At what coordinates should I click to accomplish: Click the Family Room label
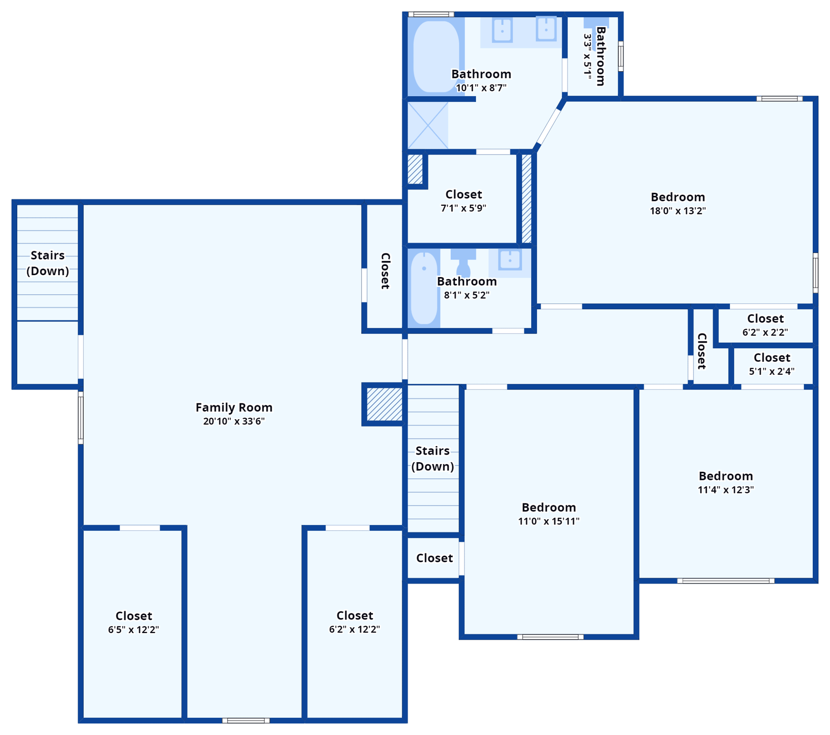234,407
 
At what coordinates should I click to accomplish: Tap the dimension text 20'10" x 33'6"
234,421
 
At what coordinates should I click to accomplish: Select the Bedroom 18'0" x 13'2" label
677,197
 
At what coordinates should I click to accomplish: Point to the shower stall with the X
428,125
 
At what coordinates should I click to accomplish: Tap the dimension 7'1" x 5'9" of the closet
463,208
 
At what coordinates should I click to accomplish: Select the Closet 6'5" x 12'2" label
134,616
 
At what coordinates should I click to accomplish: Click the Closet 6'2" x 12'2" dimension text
354,629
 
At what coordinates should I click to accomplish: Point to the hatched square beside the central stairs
384,404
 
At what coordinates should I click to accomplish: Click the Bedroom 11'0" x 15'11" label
548,507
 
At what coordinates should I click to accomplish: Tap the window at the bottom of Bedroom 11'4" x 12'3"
726,581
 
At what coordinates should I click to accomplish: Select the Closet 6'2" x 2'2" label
765,319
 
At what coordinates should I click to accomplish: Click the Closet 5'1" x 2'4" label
772,358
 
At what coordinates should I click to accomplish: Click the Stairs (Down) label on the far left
47,263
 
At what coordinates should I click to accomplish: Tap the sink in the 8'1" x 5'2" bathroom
510,260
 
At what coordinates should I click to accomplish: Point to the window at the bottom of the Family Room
246,721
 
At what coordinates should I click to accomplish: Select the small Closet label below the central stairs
434,558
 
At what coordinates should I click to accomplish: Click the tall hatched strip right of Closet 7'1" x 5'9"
526,199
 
